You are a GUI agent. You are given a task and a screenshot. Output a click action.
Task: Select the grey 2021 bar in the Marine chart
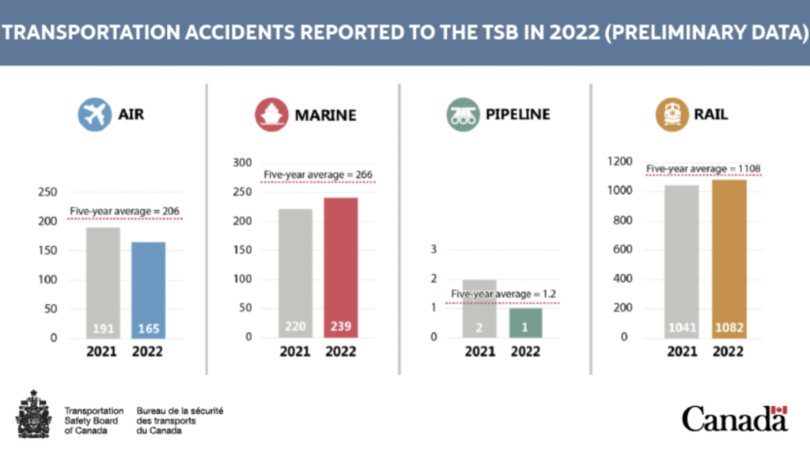tap(296, 272)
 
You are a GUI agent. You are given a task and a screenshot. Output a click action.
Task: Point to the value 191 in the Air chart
tap(103, 328)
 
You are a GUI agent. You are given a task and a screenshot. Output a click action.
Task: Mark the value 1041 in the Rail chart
tap(681, 328)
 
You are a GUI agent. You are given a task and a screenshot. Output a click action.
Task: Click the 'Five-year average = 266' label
tap(316, 175)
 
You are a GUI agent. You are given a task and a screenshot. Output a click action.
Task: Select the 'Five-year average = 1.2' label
tap(504, 294)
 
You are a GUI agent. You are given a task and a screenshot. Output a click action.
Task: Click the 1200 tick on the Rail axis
tap(620, 162)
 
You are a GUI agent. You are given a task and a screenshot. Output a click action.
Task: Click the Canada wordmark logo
tap(735, 418)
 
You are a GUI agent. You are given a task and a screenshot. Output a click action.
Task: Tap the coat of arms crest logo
tap(32, 415)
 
